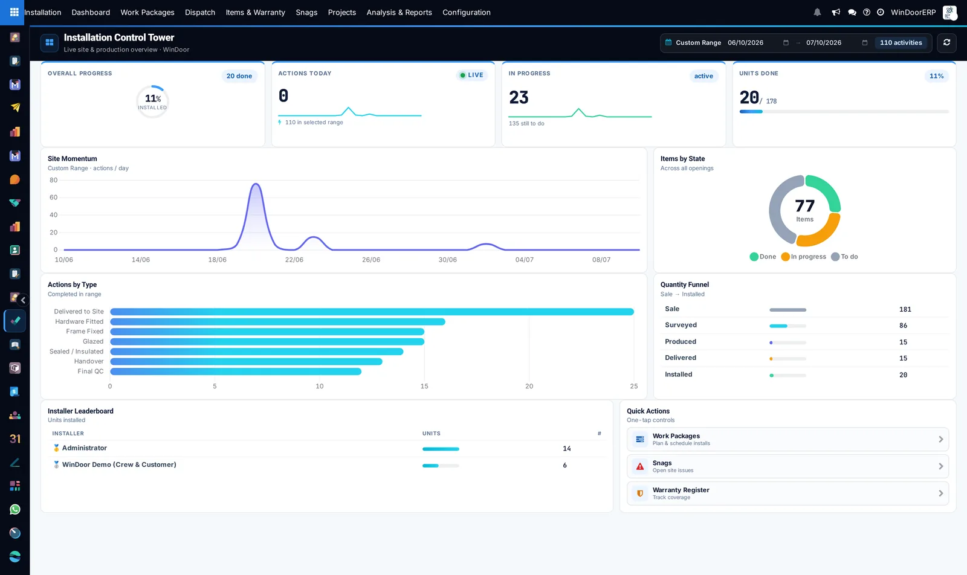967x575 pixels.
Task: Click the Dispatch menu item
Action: [x=200, y=12]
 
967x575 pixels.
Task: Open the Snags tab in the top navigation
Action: [x=306, y=12]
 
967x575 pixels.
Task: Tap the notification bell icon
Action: [x=817, y=12]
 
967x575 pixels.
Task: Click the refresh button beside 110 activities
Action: [x=946, y=42]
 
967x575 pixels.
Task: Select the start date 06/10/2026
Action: [x=746, y=42]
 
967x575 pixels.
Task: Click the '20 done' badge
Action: [x=239, y=76]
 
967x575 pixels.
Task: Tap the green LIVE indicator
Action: [x=471, y=75]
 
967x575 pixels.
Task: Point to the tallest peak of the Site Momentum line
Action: [x=256, y=184]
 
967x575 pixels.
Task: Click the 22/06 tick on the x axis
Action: [x=294, y=260]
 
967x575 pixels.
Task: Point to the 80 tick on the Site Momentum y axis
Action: [x=54, y=180]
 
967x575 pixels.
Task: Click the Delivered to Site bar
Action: [x=372, y=312]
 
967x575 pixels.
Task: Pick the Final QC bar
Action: [x=236, y=371]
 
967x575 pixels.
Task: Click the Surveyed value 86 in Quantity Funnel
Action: [x=903, y=326]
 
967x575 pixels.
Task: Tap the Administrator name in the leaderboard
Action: [x=84, y=448]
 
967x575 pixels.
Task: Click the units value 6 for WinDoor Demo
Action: [x=564, y=465]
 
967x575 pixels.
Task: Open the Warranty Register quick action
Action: [x=788, y=493]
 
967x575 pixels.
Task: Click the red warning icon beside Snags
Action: [x=640, y=466]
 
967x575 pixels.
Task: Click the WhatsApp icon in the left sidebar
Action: [x=15, y=509]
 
